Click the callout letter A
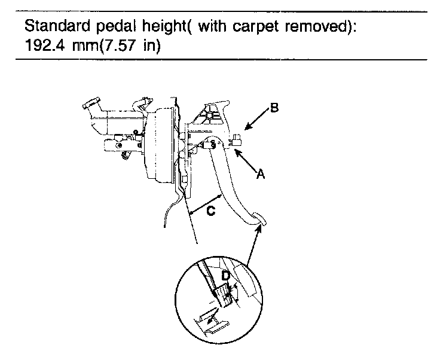click(x=260, y=174)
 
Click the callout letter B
click(x=274, y=108)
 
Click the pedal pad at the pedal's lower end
click(x=259, y=219)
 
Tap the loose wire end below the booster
click(x=163, y=225)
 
